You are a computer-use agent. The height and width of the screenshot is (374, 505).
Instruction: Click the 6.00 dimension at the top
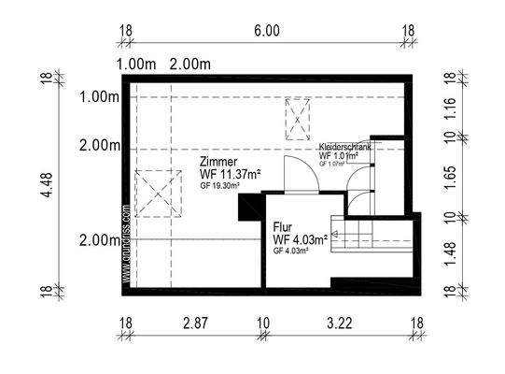tap(266, 32)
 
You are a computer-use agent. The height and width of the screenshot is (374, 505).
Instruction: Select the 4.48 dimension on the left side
tap(38, 180)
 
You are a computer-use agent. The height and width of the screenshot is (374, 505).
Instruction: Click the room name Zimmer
tap(217, 161)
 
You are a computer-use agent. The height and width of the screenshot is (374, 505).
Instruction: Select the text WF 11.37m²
tap(230, 174)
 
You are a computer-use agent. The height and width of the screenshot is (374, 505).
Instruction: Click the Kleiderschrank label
tap(345, 147)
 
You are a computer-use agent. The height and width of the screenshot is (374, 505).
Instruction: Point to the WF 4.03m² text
tap(300, 240)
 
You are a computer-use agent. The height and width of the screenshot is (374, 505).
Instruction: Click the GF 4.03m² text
tap(293, 252)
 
